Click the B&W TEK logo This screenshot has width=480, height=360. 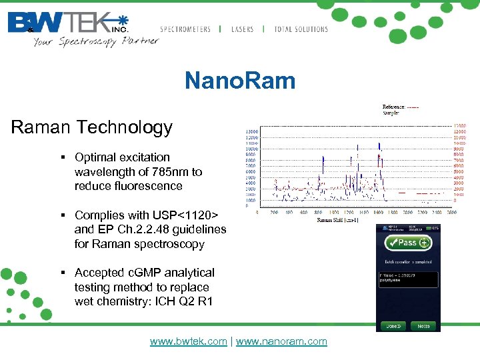pyautogui.click(x=67, y=23)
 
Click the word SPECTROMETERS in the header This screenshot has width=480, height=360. pyautogui.click(x=185, y=29)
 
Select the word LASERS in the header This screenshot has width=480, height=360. pyautogui.click(x=243, y=29)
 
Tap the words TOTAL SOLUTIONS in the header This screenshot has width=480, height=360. pyautogui.click(x=301, y=29)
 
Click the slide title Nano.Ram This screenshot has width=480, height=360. pyautogui.click(x=240, y=81)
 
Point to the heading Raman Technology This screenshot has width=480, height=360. pyautogui.click(x=92, y=127)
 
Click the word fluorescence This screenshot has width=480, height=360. pyautogui.click(x=149, y=186)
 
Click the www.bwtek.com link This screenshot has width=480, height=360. pyautogui.click(x=189, y=341)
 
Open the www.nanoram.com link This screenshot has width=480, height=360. pyautogui.click(x=281, y=341)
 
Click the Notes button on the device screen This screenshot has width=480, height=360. pyautogui.click(x=423, y=326)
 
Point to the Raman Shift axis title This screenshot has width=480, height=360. pyautogui.click(x=339, y=219)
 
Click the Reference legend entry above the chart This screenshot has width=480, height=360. pyautogui.click(x=400, y=107)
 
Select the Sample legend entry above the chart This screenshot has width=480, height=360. pyautogui.click(x=392, y=113)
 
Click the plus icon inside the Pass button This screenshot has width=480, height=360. pyautogui.click(x=424, y=243)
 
